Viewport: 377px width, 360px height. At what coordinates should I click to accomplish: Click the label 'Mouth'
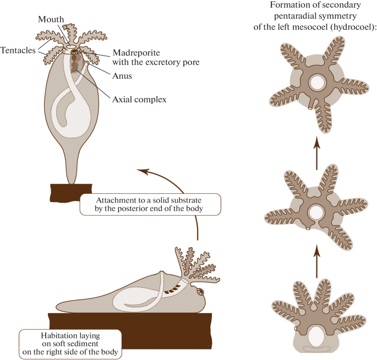coord(51,19)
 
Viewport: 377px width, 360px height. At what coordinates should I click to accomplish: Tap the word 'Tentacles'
coord(18,50)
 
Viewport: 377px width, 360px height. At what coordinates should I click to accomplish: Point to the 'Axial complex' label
coord(139,100)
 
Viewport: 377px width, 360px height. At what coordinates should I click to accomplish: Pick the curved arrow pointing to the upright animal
coord(182,187)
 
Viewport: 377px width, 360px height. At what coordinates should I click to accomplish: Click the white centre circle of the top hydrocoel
coord(318,83)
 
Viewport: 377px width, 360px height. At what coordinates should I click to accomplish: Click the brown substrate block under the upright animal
coord(72,193)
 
